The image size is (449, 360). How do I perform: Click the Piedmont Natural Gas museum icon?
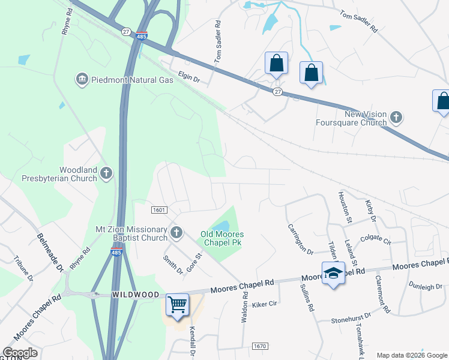pos(82,79)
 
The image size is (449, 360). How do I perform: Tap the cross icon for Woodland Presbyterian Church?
pos(106,174)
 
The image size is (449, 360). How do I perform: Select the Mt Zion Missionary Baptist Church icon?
pos(176,232)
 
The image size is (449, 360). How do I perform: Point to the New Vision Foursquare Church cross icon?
pos(396,116)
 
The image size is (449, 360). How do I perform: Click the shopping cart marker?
pos(177,305)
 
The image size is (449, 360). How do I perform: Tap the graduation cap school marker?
pos(333,274)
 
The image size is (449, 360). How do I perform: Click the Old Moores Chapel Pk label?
pos(222,239)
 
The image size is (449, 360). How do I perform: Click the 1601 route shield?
pos(159,209)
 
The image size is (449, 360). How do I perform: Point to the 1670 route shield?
pos(259,346)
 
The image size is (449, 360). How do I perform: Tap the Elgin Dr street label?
pos(188,76)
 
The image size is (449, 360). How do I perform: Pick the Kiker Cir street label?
pos(264,304)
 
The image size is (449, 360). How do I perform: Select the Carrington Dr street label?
pos(301,239)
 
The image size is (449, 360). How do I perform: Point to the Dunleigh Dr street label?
pos(425,287)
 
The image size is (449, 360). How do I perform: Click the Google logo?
pos(19,353)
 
